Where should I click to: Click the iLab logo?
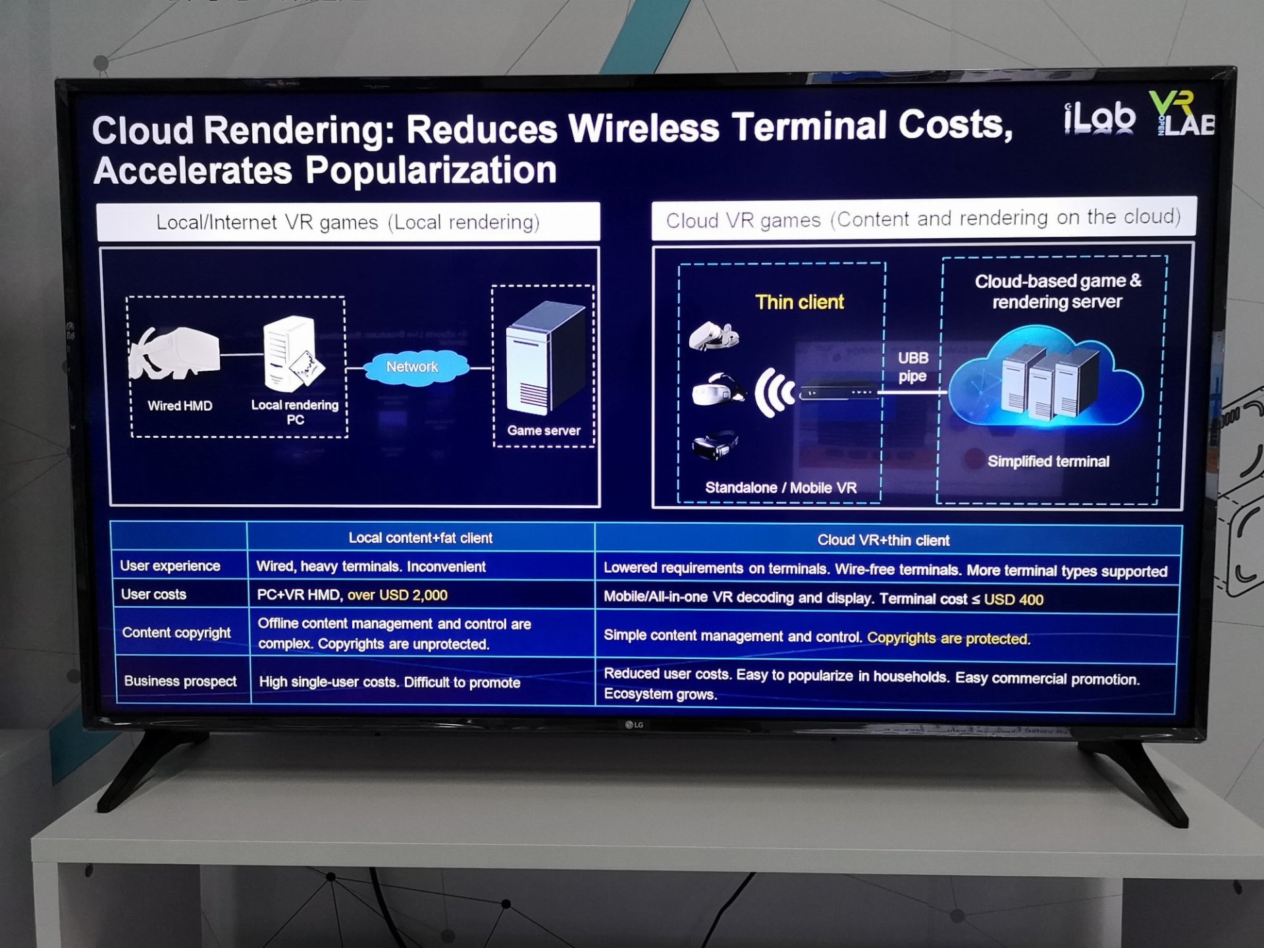[1099, 118]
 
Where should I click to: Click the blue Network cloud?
[413, 367]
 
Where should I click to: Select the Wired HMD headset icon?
[174, 353]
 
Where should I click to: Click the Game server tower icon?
[545, 359]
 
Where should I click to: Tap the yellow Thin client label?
[799, 302]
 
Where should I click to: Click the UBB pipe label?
[913, 367]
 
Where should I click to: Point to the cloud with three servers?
[1045, 379]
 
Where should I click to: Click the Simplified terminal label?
[1048, 461]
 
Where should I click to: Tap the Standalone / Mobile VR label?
[781, 488]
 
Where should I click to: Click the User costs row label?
[153, 594]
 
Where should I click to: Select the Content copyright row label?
[176, 633]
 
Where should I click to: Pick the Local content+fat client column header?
[420, 538]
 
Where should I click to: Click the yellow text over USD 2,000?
[398, 595]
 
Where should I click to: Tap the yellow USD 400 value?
[1013, 600]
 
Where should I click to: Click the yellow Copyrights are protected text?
[949, 638]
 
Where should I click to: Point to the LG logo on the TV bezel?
[634, 725]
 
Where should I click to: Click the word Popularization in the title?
[431, 171]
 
